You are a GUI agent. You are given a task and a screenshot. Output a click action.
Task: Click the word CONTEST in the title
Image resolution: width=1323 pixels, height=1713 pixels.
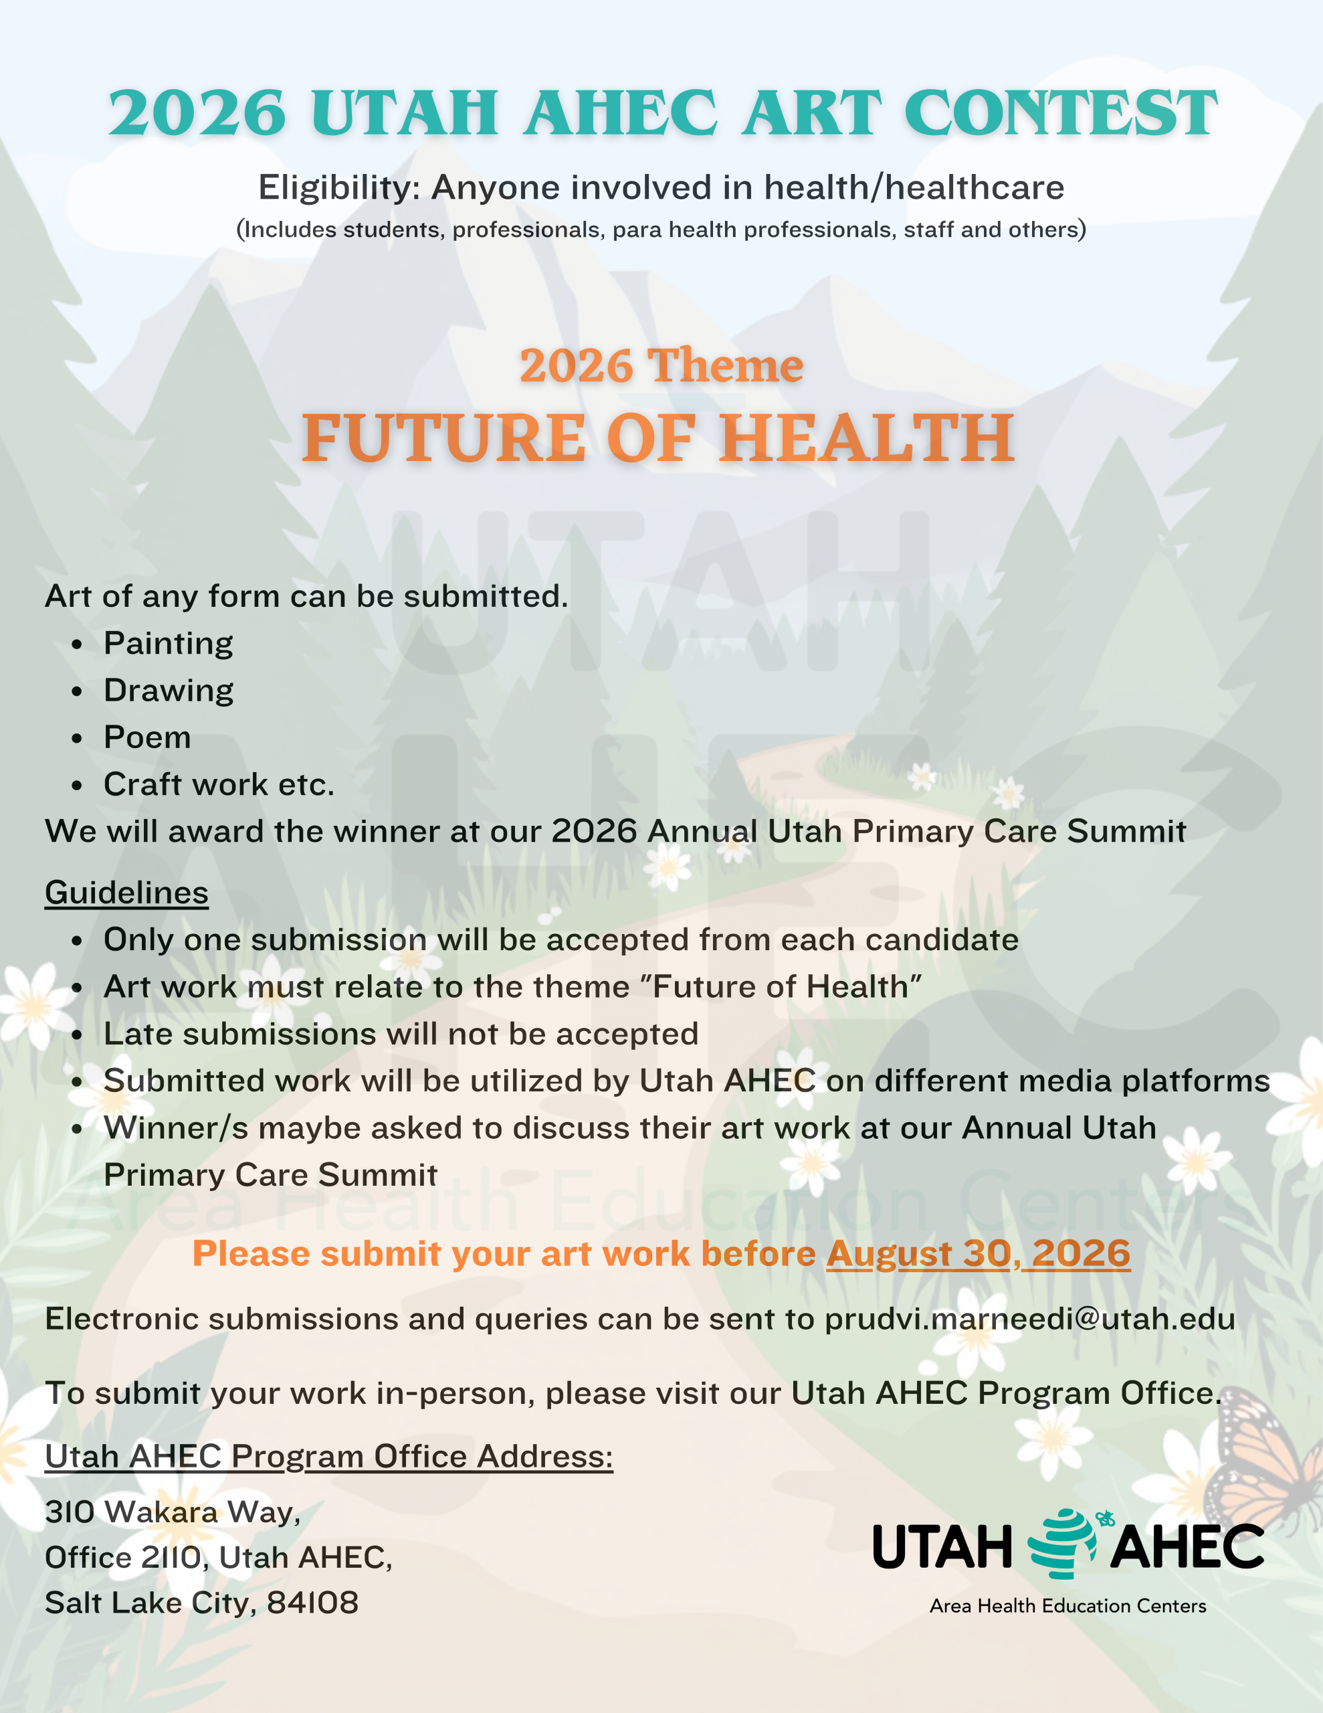coord(1060,113)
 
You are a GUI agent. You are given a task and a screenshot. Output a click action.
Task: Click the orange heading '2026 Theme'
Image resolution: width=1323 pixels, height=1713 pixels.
coord(661,365)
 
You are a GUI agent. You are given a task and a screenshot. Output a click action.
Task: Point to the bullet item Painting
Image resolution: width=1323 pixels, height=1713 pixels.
coord(169,643)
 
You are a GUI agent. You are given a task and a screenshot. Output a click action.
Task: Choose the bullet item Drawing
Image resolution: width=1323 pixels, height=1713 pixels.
coord(169,691)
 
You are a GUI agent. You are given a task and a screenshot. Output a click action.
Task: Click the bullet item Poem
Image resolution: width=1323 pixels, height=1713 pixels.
coord(147,737)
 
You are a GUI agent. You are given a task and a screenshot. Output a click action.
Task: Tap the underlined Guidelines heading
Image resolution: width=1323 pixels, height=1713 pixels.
coord(126,893)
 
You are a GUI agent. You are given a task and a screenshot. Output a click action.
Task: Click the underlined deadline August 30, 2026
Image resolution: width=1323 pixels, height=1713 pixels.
coord(978,1253)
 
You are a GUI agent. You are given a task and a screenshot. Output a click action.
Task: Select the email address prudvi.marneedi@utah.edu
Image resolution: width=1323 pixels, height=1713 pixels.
coord(1029,1320)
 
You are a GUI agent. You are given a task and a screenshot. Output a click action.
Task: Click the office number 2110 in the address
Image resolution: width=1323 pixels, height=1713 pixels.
coord(173,1558)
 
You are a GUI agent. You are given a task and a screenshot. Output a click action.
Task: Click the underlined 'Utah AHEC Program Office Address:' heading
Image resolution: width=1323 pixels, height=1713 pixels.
coord(328,1457)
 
